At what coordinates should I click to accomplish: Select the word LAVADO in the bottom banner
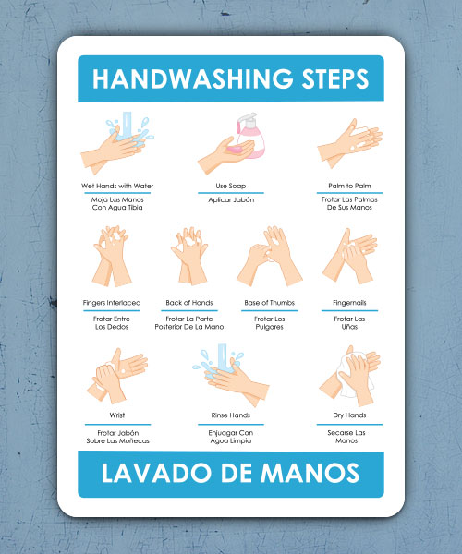[x=157, y=474]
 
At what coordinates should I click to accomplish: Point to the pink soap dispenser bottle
[x=249, y=136]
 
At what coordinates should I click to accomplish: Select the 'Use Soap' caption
[x=230, y=186]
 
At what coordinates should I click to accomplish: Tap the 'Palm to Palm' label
[x=348, y=186]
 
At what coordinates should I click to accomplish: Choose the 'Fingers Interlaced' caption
[x=112, y=303]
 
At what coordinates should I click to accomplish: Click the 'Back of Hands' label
[x=191, y=303]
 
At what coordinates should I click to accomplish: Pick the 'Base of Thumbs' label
[x=269, y=303]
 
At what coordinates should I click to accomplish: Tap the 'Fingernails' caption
[x=348, y=303]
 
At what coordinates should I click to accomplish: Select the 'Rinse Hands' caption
[x=230, y=415]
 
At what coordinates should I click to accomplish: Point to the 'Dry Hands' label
[x=348, y=415]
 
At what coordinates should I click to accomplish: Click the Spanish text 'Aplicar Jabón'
[x=230, y=199]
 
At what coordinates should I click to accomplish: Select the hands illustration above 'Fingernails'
[x=349, y=259]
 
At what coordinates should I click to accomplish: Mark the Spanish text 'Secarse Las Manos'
[x=348, y=436]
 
